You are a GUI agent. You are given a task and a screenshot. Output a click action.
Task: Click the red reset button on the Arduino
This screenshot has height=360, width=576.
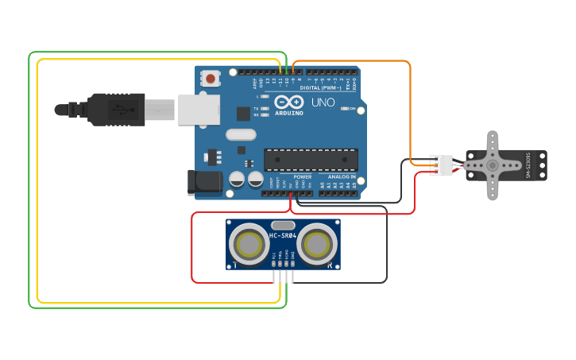point(211,78)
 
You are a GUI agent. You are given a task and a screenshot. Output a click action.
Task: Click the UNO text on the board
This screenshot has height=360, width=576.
point(323,103)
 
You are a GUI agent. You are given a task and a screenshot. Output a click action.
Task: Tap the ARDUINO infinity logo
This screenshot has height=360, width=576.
point(289,102)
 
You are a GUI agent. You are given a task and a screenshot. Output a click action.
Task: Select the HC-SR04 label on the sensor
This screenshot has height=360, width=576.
point(283,235)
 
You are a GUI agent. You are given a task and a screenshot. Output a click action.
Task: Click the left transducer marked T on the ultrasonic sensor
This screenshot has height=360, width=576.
point(249,242)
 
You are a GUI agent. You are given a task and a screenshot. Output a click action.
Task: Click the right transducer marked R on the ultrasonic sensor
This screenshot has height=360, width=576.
point(318,242)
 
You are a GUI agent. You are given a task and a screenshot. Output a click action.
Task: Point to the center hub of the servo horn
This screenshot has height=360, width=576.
point(493,165)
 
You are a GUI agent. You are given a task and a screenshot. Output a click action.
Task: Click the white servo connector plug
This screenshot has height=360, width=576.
point(441,165)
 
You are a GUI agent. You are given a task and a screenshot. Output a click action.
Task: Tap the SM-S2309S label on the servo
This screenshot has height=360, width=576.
point(528,165)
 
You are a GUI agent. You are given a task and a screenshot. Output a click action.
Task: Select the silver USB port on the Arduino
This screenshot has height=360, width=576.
point(198,109)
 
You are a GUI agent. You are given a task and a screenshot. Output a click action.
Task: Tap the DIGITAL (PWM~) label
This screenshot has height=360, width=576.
point(321,87)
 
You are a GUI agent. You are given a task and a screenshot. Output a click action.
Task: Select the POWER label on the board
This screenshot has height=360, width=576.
point(302,176)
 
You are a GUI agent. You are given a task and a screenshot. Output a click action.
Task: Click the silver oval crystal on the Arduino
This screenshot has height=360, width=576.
point(241,134)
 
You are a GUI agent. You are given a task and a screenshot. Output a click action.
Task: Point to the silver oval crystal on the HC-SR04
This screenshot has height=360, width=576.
point(283,225)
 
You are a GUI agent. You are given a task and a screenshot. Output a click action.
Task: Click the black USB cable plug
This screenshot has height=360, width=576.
point(115,110)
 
